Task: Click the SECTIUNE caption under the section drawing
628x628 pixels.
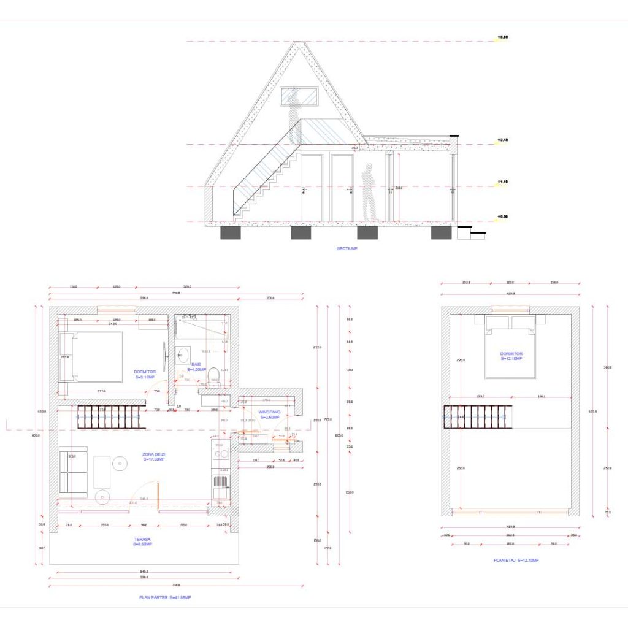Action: (x=347, y=248)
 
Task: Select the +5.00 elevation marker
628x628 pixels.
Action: (x=502, y=37)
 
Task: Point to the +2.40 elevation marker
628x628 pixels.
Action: (x=502, y=140)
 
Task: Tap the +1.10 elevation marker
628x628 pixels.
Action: (x=502, y=182)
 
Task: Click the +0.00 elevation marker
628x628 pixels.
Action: (x=502, y=216)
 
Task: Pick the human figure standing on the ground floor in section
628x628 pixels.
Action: (x=368, y=191)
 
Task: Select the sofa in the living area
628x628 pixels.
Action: (x=73, y=471)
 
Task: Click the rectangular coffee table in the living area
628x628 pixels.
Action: (x=102, y=472)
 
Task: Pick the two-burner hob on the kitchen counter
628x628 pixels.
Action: (x=221, y=454)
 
